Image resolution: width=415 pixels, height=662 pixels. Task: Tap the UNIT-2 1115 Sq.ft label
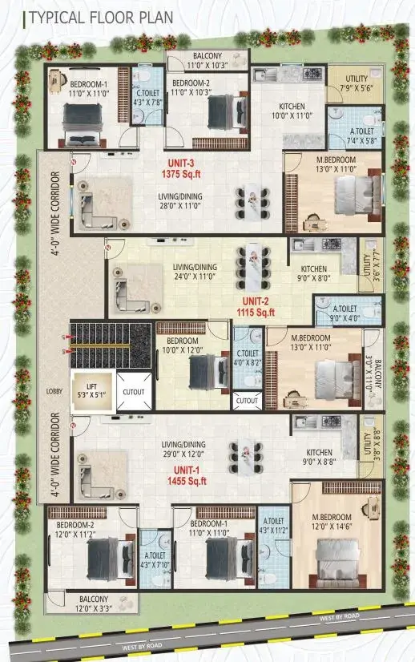256,307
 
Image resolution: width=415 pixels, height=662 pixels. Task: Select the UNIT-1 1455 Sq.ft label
187,476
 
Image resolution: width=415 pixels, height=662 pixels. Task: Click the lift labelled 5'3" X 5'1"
91,391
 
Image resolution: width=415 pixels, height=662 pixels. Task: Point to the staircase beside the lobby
111,345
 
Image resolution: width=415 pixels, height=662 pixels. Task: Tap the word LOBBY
54,391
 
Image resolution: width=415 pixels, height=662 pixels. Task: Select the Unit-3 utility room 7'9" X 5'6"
356,83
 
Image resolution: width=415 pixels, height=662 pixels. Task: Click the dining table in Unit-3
252,204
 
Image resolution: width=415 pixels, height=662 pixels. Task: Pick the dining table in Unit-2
253,268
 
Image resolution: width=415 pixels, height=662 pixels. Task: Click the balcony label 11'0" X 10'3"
207,61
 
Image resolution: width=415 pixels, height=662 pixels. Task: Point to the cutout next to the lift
134,392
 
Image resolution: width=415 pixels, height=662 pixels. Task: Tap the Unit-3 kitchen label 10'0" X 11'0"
292,111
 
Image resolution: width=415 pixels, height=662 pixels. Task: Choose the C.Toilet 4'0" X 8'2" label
248,357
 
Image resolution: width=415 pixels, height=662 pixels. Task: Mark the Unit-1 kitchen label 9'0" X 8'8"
319,457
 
